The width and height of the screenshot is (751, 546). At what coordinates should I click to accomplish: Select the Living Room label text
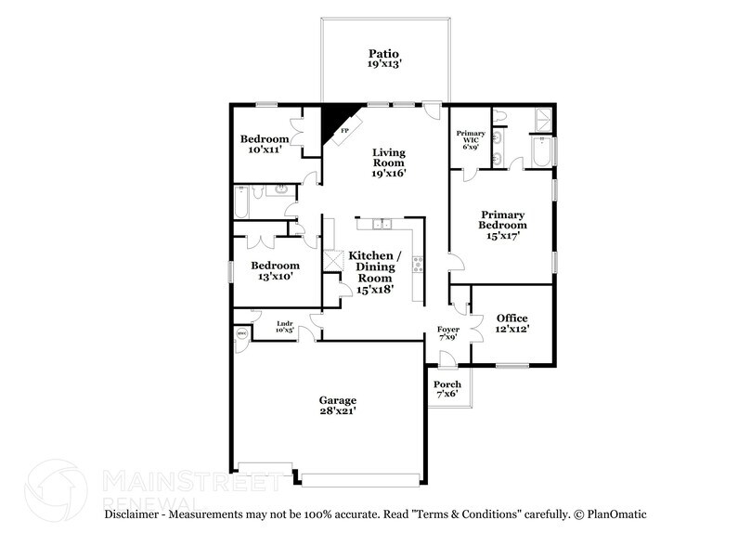391,162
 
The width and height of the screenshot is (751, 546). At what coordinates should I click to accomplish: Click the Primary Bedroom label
502,224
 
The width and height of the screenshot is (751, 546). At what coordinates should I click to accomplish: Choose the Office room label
511,324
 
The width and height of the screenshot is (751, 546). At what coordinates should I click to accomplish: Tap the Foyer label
447,331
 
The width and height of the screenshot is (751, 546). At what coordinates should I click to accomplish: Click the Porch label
447,389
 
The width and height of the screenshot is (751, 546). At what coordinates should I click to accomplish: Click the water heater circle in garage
241,332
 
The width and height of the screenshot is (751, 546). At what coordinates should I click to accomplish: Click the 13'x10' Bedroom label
274,270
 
